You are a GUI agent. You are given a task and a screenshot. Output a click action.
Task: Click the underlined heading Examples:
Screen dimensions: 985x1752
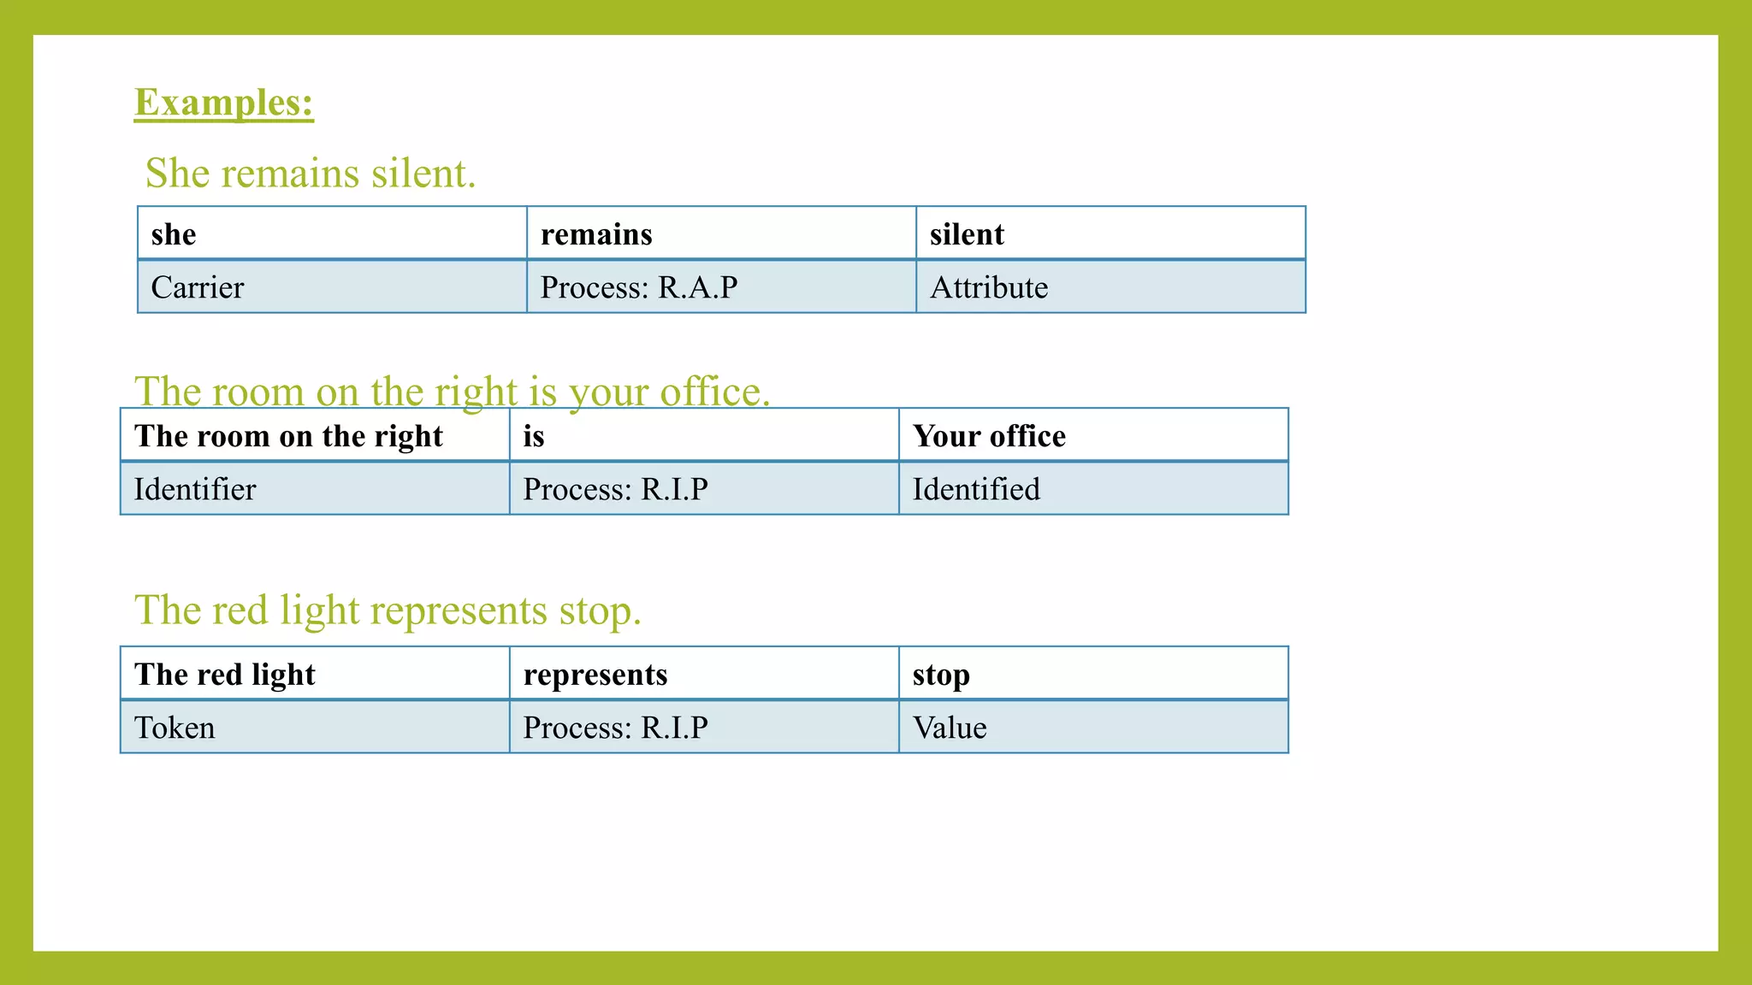coord(224,103)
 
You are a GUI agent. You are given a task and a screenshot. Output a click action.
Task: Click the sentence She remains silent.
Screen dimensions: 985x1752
coord(311,174)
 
